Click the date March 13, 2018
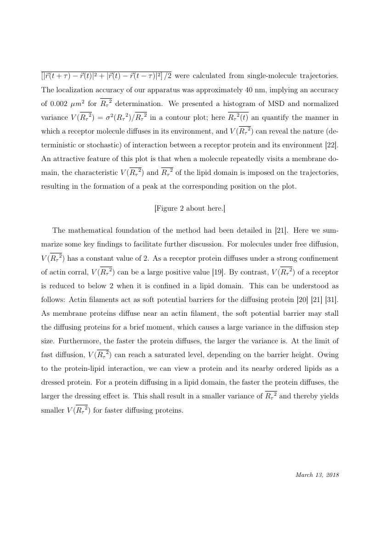[318, 475]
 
